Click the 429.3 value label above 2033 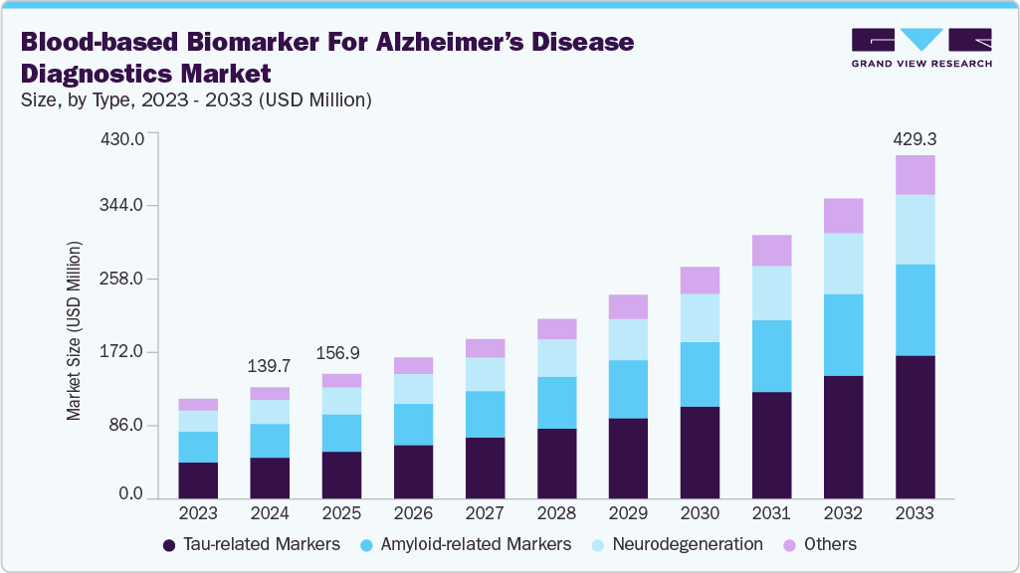point(915,140)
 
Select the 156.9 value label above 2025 point(341,354)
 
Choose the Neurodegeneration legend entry point(687,544)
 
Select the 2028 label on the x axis point(556,514)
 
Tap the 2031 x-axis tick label point(771,514)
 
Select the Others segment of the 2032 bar point(843,216)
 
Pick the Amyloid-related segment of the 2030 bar point(700,374)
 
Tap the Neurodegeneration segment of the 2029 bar point(628,339)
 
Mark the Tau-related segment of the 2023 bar point(198,479)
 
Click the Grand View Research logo point(921,48)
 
